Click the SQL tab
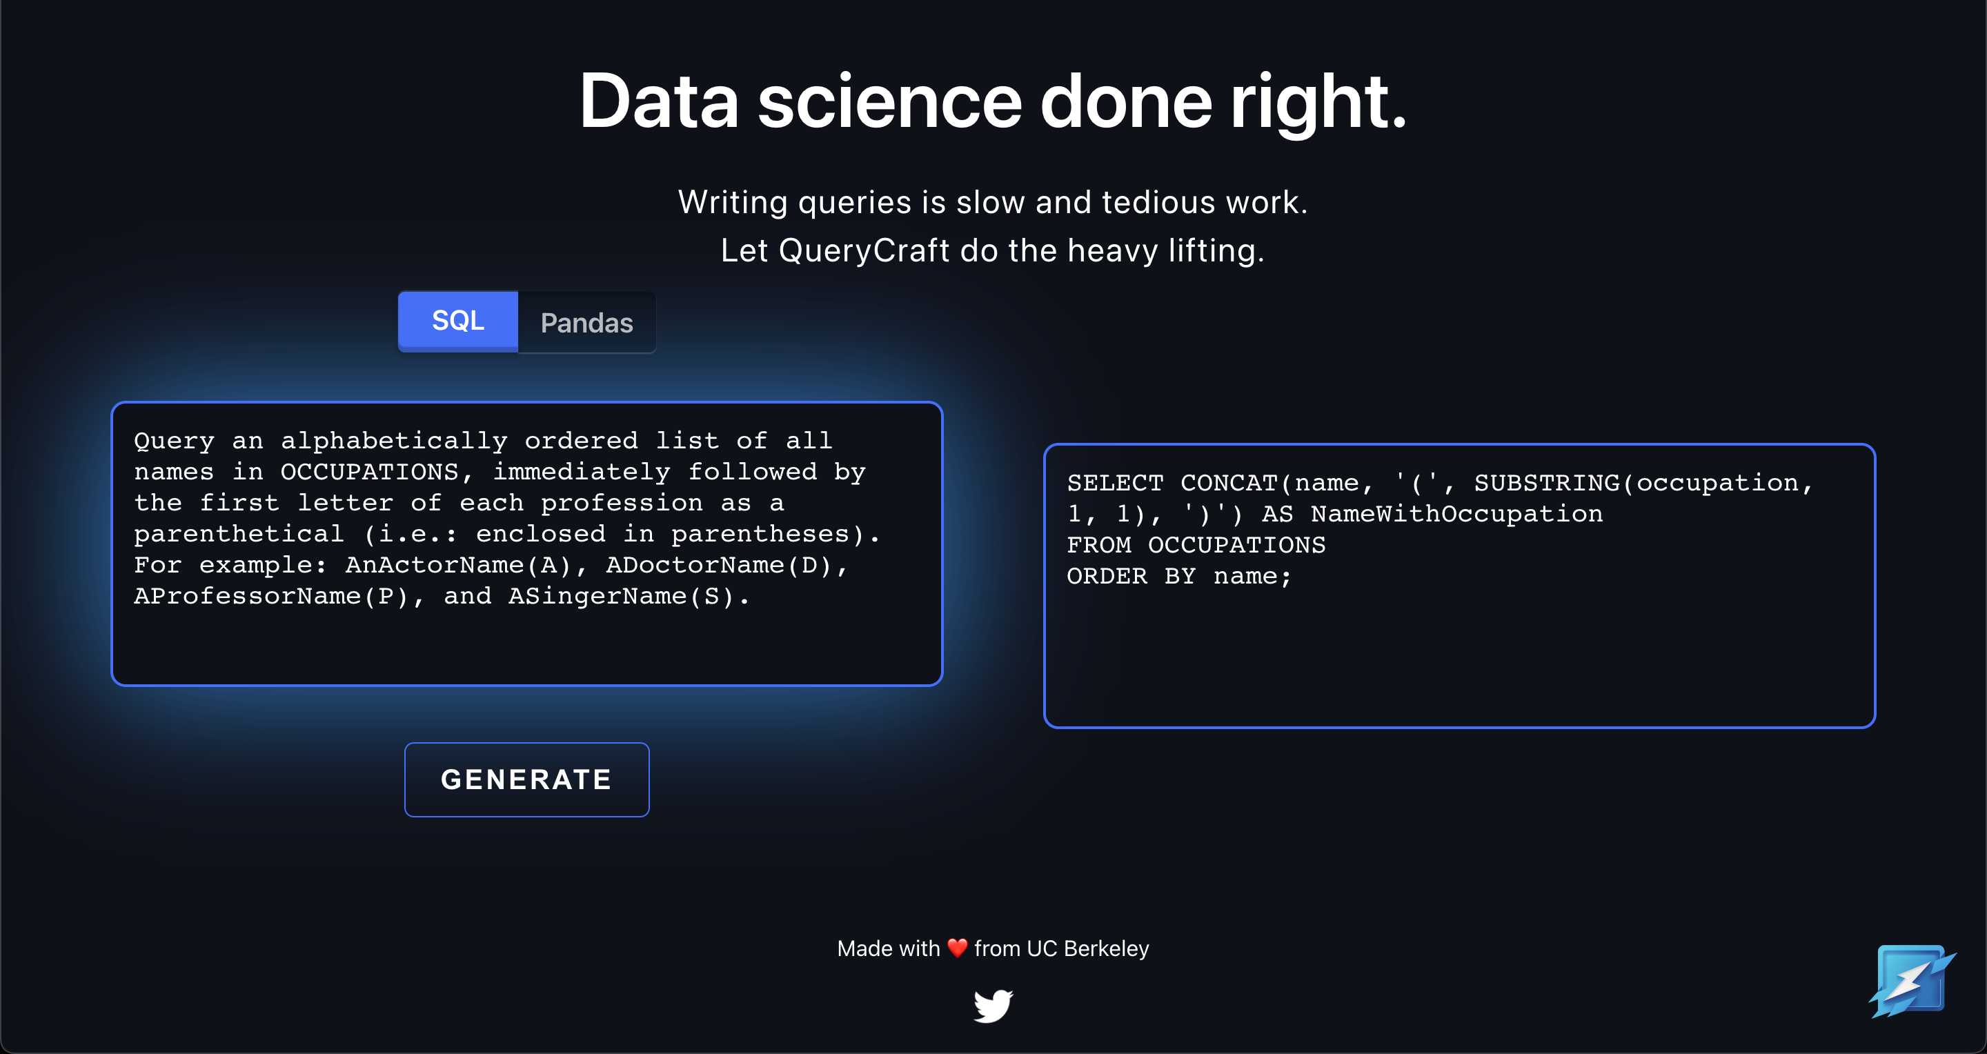point(458,321)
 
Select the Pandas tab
point(587,322)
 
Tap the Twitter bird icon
point(993,1006)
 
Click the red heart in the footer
point(957,948)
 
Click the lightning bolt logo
point(1911,981)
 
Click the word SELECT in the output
point(1116,483)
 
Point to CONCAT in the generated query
point(1229,483)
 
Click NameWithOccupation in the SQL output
point(1456,513)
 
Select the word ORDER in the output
point(1107,576)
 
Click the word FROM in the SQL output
point(1099,545)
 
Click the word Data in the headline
point(660,102)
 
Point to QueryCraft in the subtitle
point(864,250)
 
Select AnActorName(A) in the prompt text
point(458,565)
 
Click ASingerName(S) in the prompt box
point(621,596)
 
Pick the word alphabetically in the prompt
point(394,441)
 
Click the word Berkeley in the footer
point(1106,948)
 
